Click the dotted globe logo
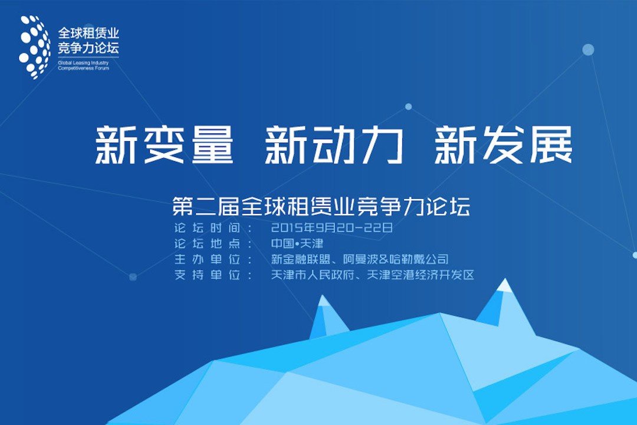pyautogui.click(x=35, y=47)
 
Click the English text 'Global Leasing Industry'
pyautogui.click(x=83, y=63)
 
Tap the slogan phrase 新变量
pyautogui.click(x=164, y=145)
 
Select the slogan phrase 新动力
pyautogui.click(x=334, y=145)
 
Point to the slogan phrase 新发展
pyautogui.click(x=503, y=145)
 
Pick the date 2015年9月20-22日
pyautogui.click(x=332, y=227)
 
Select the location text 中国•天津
pyautogui.click(x=297, y=243)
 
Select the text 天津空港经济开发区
pyautogui.click(x=421, y=275)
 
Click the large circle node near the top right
pyautogui.click(x=588, y=50)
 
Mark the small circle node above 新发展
pyautogui.click(x=408, y=107)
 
